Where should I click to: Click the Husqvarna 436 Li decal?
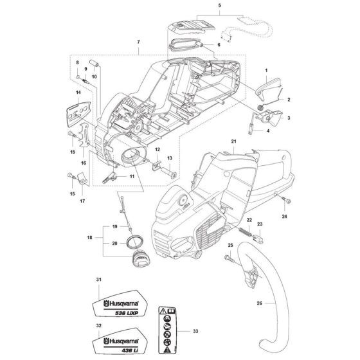(122, 349)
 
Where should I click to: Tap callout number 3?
(289, 119)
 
